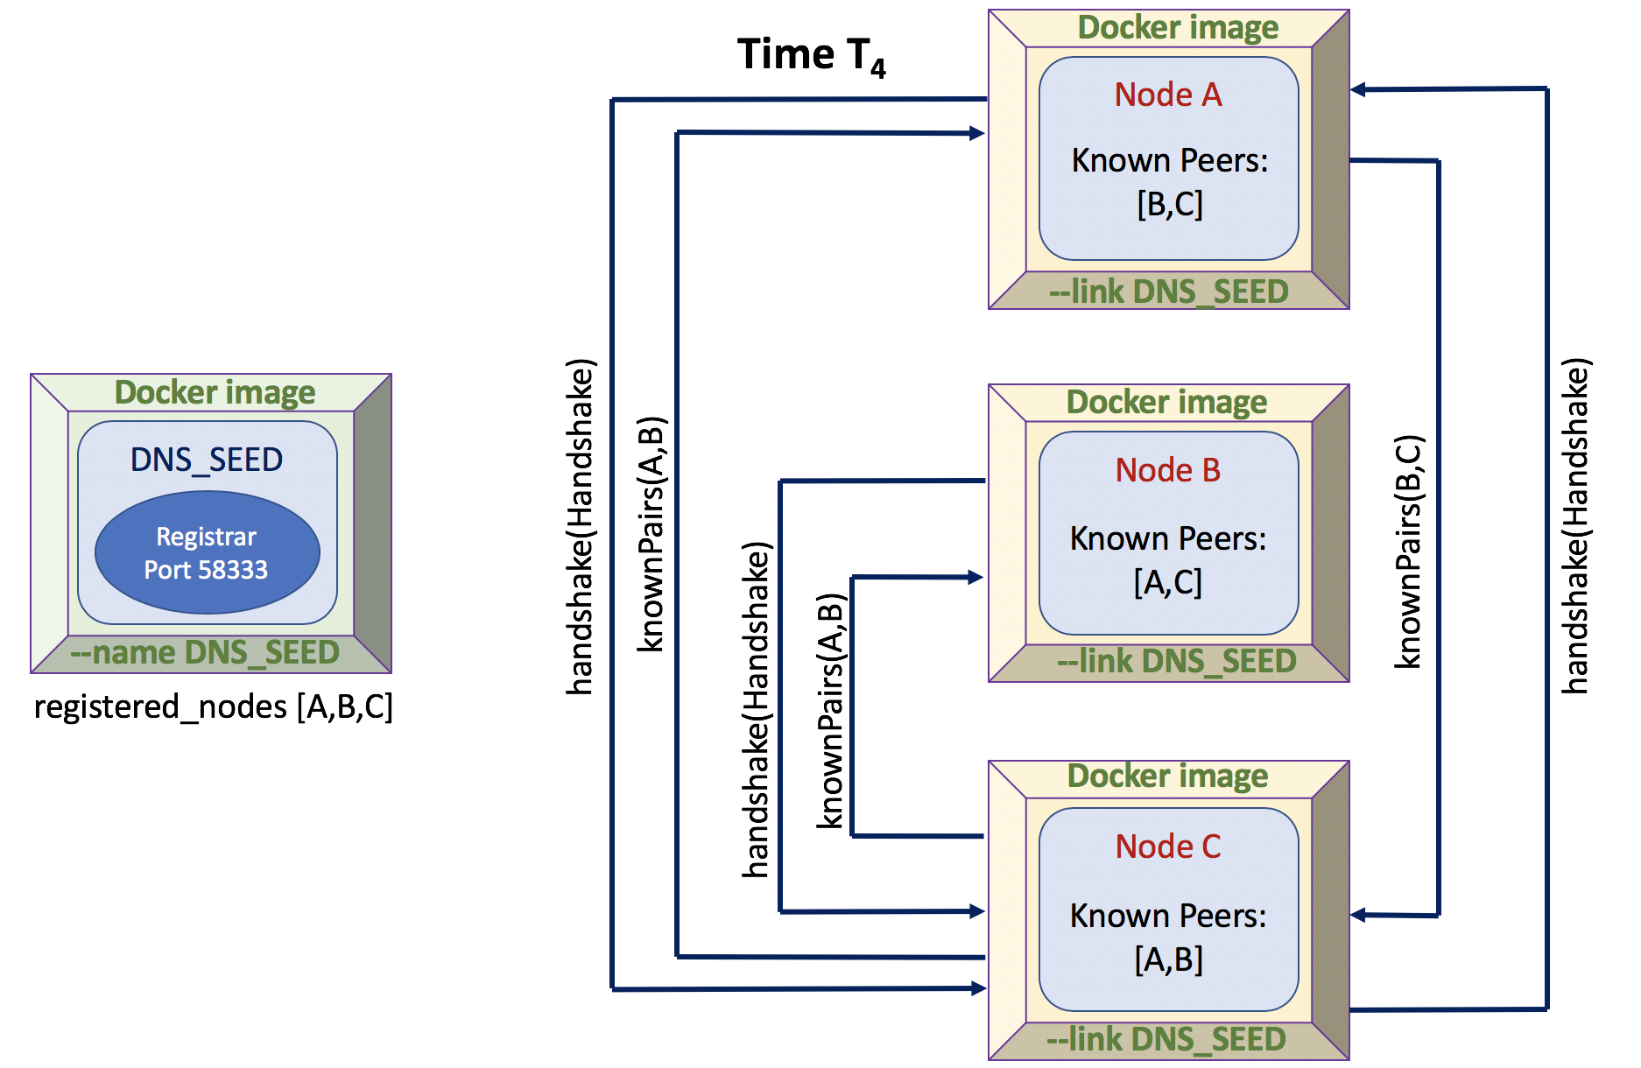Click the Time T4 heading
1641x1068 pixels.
(811, 56)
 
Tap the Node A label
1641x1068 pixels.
(1168, 95)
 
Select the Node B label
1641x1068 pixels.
(1168, 470)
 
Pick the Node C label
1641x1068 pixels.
(1168, 847)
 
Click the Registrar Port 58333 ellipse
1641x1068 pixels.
(207, 552)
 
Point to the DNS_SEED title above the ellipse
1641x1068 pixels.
(207, 460)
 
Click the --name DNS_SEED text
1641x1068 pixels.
(205, 653)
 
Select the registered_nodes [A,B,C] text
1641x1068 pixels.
(214, 706)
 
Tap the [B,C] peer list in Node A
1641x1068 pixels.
(1170, 204)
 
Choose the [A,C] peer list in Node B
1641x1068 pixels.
(1168, 582)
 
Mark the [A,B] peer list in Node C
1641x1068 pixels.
(1168, 960)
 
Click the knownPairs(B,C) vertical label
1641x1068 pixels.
(1408, 552)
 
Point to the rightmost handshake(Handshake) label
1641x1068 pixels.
(1575, 525)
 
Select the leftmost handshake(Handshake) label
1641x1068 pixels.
(581, 525)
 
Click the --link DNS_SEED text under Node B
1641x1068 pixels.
(1176, 662)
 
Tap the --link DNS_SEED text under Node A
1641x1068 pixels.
(1169, 292)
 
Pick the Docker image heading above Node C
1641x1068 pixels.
(1167, 776)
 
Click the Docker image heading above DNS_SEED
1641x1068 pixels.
(215, 392)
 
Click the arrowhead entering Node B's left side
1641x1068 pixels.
(976, 577)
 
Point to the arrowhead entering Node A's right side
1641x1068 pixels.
(1358, 89)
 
